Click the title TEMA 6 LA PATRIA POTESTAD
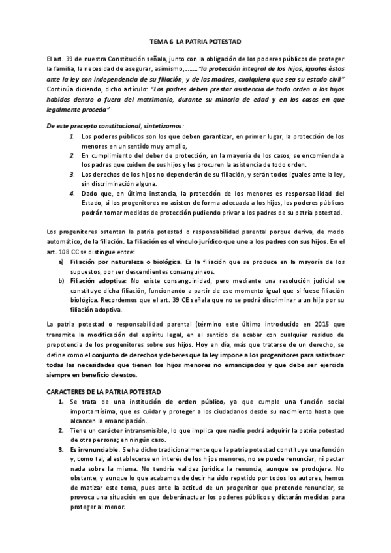coord(195,42)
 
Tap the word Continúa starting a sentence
coord(61,90)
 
